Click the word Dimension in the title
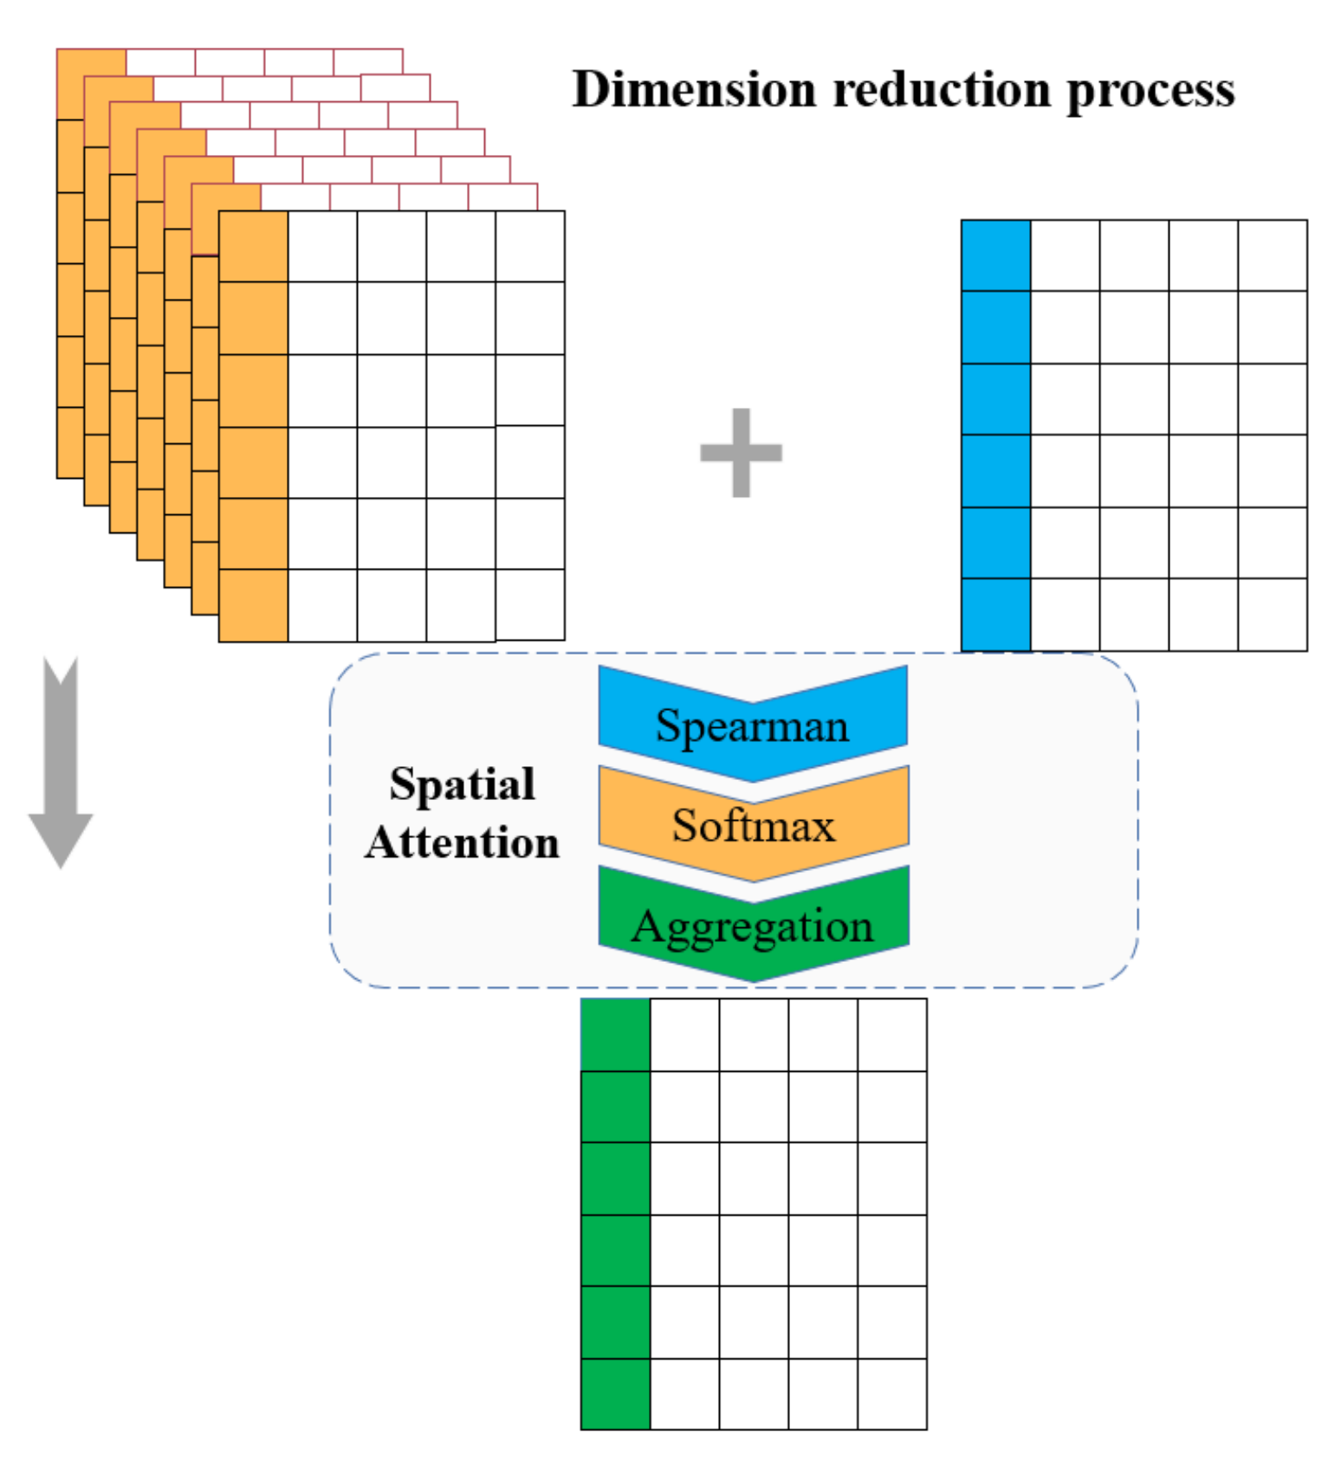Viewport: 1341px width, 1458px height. pos(694,89)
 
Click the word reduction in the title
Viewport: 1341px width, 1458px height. pos(941,89)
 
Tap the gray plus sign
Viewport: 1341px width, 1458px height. pos(741,452)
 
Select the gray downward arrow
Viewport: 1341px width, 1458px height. pos(61,762)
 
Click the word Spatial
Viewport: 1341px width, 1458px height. pos(462,784)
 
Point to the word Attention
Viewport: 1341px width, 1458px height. pos(462,842)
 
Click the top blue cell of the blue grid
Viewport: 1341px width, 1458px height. pos(995,255)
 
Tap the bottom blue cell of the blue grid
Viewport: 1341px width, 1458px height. pos(995,614)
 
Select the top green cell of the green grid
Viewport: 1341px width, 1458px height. pos(615,1035)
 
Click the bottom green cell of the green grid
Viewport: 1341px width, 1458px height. pos(615,1393)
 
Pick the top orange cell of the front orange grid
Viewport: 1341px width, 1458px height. pos(253,246)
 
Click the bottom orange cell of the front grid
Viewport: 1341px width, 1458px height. pos(253,605)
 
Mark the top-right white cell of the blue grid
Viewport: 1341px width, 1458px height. pos(1272,255)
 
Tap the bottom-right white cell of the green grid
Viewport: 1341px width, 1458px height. pos(891,1393)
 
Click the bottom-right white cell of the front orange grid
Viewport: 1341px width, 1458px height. pos(529,604)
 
